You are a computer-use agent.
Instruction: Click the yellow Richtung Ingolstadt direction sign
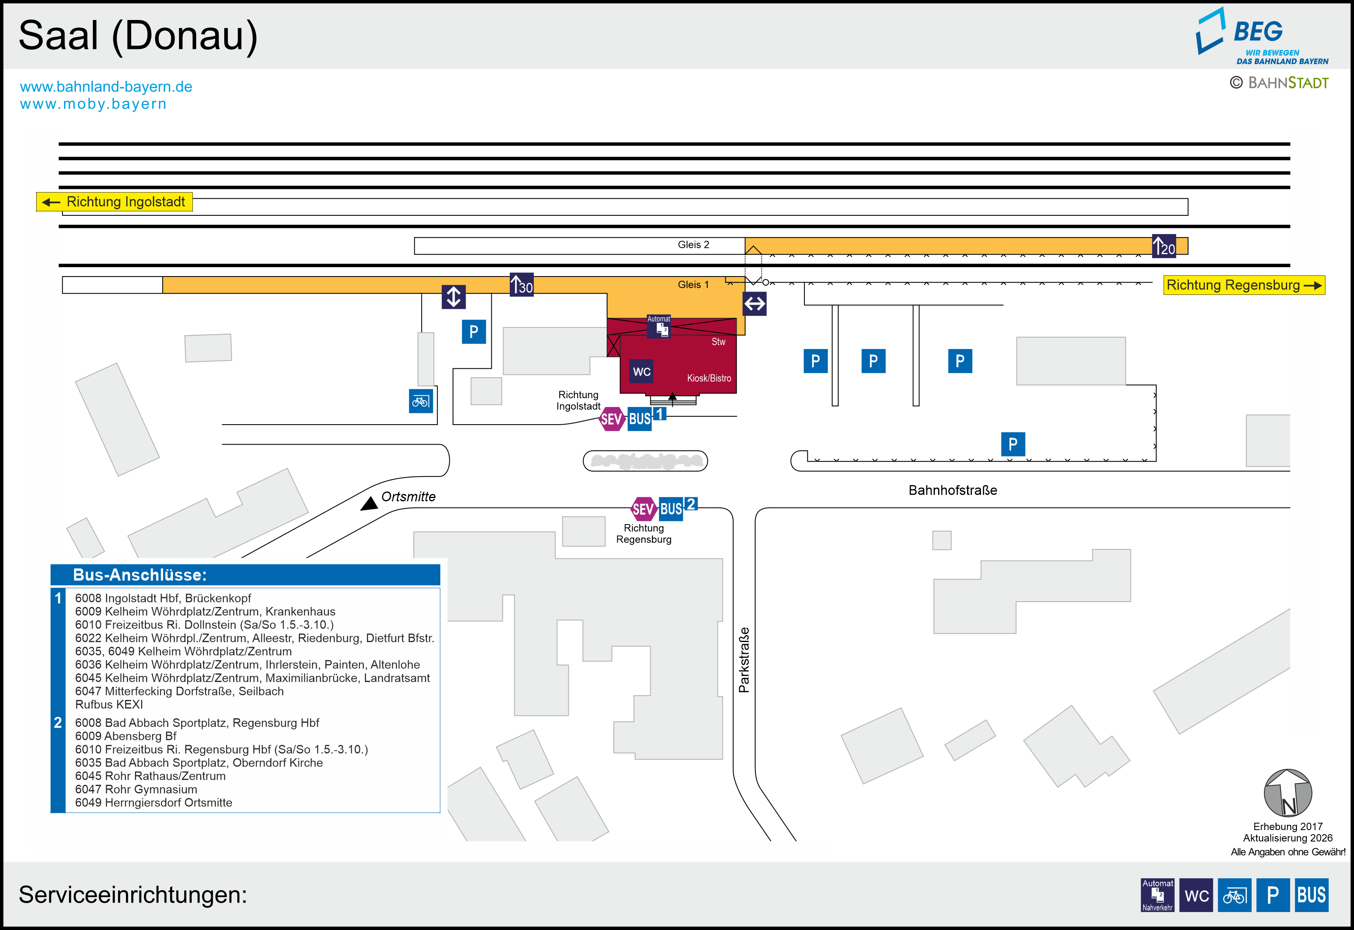click(x=114, y=201)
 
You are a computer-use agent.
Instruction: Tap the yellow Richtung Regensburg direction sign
click(x=1244, y=285)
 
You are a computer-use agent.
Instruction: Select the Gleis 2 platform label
click(x=694, y=245)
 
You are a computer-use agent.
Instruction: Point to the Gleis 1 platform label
click(x=694, y=284)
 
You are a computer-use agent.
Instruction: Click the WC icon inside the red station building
click(x=641, y=372)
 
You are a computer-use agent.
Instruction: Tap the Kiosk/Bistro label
click(x=709, y=378)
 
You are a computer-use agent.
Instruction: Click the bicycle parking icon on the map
click(x=421, y=401)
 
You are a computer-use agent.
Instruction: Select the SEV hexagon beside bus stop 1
click(x=611, y=419)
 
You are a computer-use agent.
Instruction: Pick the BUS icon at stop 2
click(x=671, y=509)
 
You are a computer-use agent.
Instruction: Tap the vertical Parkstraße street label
click(x=744, y=660)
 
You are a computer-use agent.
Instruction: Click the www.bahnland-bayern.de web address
click(x=106, y=87)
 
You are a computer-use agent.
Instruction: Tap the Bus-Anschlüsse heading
click(x=140, y=575)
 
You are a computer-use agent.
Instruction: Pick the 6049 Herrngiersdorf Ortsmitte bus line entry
click(x=154, y=802)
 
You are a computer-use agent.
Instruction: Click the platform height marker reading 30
click(x=521, y=285)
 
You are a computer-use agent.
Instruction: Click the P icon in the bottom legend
click(x=1272, y=895)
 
